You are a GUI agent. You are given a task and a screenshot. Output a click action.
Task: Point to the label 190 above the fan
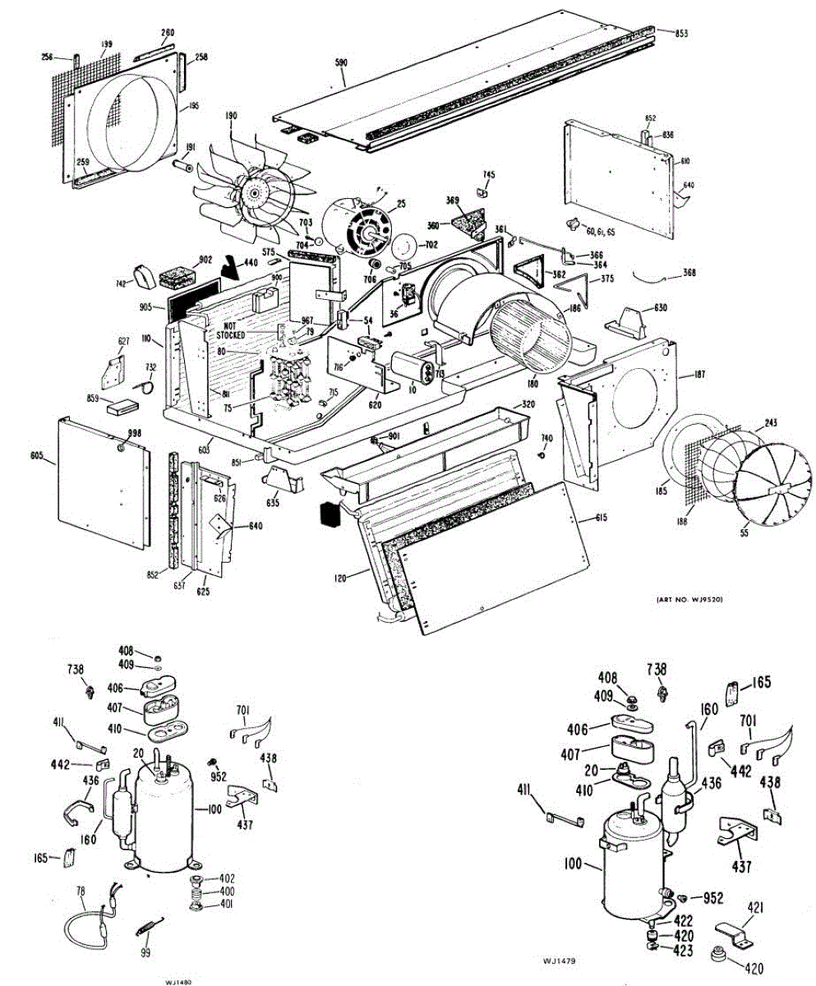click(x=231, y=117)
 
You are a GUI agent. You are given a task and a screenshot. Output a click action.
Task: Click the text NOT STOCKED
click(x=231, y=331)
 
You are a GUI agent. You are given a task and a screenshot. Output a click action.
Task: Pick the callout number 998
click(x=134, y=433)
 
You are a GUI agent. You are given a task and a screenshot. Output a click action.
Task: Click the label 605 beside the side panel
click(x=36, y=454)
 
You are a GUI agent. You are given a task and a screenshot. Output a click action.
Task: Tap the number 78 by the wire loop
click(x=81, y=891)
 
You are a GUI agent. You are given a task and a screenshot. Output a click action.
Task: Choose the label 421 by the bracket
click(x=755, y=906)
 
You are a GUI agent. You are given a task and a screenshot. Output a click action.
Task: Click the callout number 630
click(x=661, y=308)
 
